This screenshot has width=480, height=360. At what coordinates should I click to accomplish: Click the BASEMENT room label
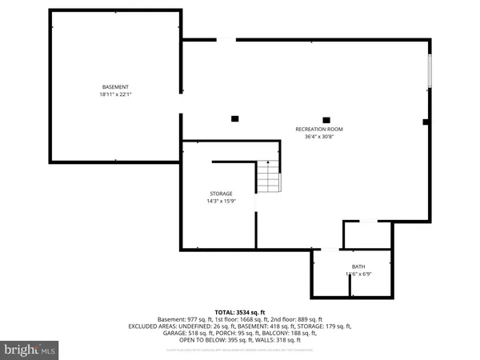pos(115,86)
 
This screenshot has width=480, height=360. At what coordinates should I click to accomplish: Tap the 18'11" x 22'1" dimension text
pos(115,94)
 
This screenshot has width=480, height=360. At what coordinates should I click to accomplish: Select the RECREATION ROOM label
pos(319,129)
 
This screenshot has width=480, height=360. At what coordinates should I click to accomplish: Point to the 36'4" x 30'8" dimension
pos(319,137)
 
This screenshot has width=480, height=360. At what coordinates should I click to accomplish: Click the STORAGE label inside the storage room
pos(221,194)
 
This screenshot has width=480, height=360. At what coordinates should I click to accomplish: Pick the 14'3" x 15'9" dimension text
pos(221,201)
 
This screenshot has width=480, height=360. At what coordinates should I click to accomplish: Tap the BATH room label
pos(358,266)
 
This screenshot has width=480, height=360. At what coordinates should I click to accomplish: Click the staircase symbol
pos(269,176)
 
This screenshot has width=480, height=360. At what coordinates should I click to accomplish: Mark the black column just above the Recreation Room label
pos(325,118)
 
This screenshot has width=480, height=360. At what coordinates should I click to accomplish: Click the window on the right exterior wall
pos(430,73)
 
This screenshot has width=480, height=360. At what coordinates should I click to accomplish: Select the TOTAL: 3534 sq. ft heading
pos(240,311)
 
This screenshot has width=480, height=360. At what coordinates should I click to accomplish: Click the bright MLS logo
pos(30,350)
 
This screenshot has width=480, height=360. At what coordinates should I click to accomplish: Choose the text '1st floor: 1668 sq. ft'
pos(238,318)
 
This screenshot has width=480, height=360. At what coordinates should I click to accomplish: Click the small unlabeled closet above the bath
pos(367,235)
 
